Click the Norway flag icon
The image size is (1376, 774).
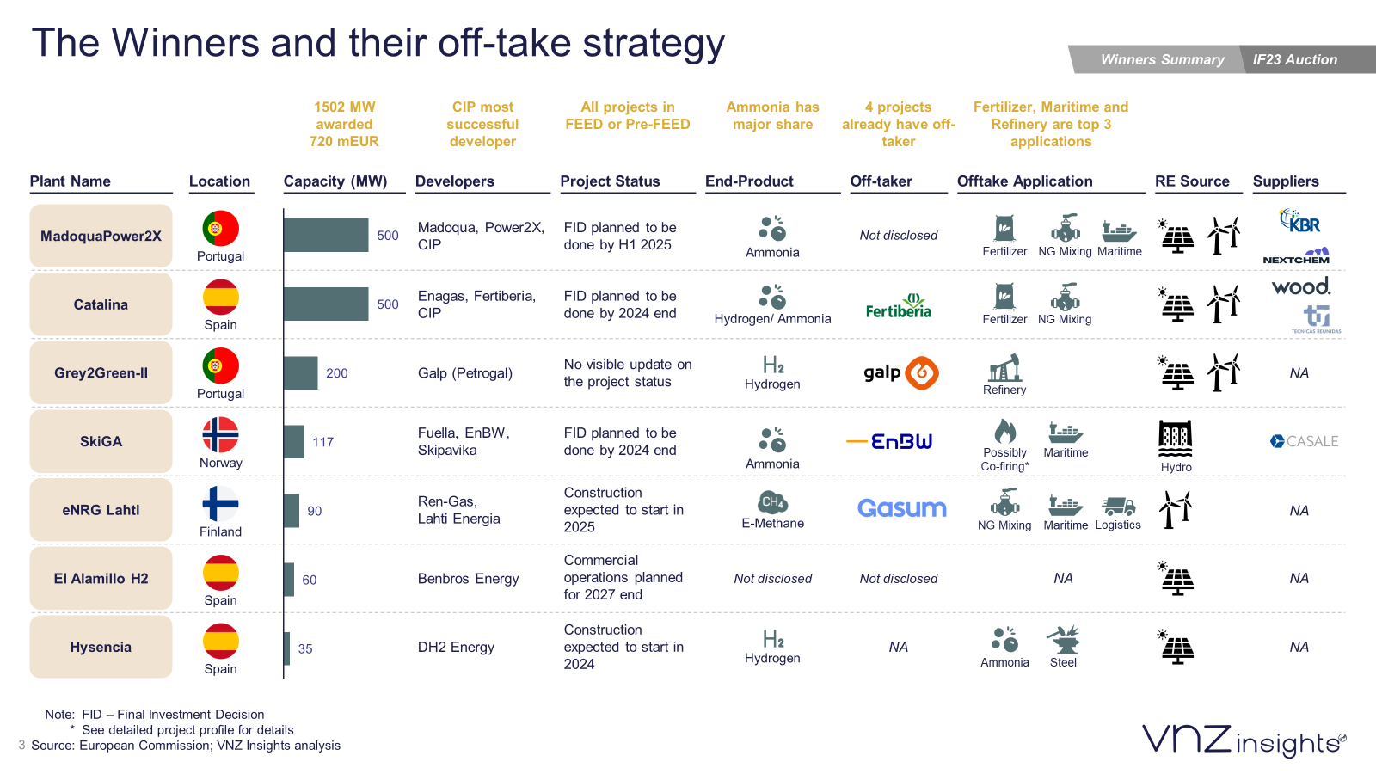coord(220,435)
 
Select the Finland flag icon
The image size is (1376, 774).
coord(220,504)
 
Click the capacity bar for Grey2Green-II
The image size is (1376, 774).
coord(301,373)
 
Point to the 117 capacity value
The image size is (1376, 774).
coord(322,442)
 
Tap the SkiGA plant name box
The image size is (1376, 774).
coord(101,441)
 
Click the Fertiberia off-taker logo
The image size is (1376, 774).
coord(899,306)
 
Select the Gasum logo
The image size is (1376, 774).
coord(901,508)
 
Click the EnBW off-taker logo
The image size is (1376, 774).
coord(890,441)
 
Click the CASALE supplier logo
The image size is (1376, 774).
coord(1304,441)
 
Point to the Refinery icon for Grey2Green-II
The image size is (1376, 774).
coord(1004,368)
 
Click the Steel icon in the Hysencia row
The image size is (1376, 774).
coord(1063,640)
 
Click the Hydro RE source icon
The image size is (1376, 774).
coord(1176,439)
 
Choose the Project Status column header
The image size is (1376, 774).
coord(610,181)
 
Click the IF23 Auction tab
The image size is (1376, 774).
coord(1294,59)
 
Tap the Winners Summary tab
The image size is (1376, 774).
coord(1162,59)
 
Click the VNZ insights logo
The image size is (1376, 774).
coord(1244,740)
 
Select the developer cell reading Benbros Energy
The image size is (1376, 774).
coord(468,579)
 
